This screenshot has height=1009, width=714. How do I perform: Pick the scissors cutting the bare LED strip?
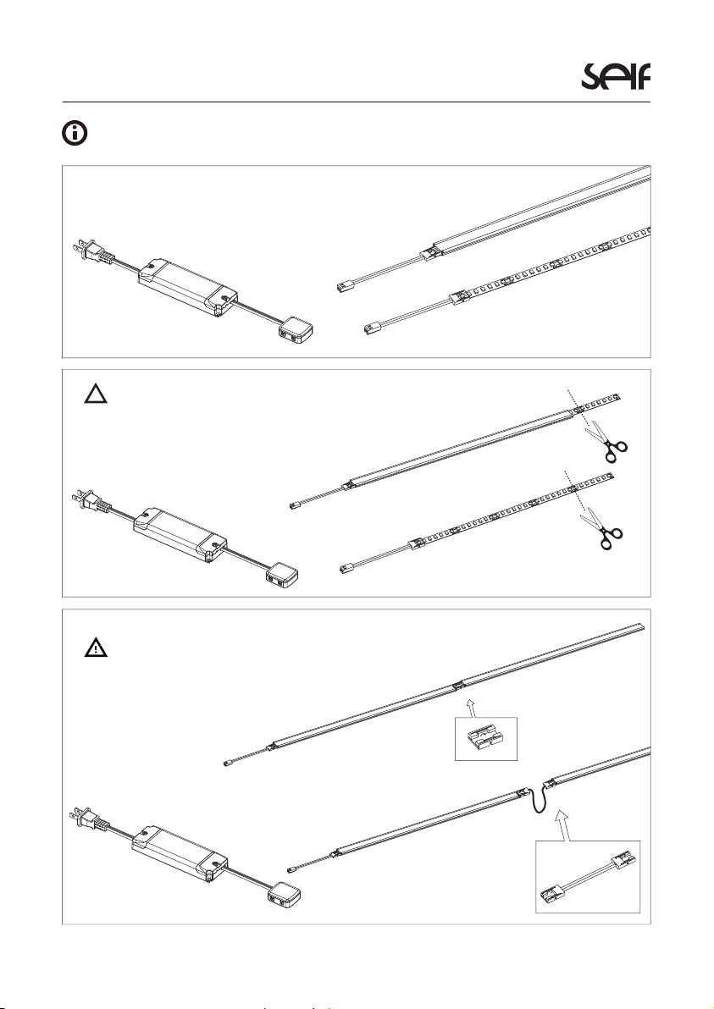tap(604, 529)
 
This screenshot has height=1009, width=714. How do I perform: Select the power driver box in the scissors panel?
tap(180, 534)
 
